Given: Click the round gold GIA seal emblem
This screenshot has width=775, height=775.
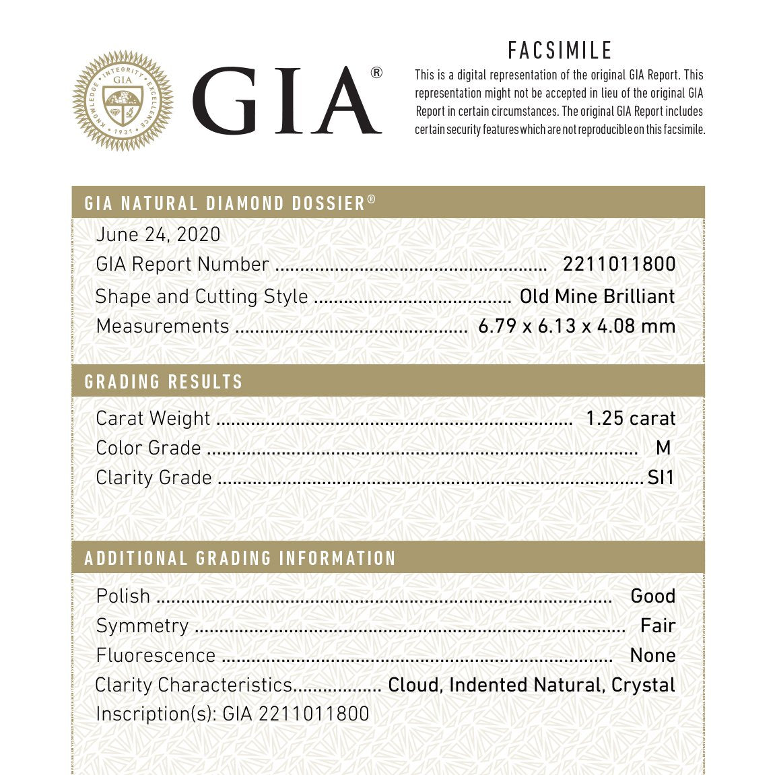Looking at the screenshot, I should (x=123, y=101).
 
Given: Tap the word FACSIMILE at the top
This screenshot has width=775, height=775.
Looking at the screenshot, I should (x=560, y=50).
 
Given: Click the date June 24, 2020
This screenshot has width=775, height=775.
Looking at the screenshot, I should (x=158, y=234).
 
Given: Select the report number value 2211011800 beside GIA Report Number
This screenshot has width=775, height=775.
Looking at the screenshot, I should (x=619, y=264).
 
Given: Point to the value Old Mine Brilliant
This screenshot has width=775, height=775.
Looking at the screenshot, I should (x=597, y=296).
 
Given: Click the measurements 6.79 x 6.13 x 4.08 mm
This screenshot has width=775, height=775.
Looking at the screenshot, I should (x=576, y=326).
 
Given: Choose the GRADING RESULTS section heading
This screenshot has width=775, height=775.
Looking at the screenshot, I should (x=164, y=382).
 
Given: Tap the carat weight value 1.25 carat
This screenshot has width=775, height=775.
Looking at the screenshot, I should (x=630, y=418).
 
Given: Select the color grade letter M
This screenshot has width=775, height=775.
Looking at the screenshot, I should (x=663, y=448).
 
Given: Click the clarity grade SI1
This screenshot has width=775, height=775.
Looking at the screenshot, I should (x=661, y=477).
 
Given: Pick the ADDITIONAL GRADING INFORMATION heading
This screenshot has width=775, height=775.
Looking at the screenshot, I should (x=240, y=558).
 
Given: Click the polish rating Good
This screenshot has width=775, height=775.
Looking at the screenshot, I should (x=652, y=596).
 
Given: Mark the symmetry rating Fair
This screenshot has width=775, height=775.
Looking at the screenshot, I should (x=657, y=626).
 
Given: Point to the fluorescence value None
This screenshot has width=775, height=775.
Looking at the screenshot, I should (x=652, y=655).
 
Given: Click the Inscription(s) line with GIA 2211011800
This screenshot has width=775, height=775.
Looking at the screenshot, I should (x=232, y=714).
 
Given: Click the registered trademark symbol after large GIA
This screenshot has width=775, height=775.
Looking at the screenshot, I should (x=376, y=73).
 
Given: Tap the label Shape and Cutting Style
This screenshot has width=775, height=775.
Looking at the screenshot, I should (x=202, y=296).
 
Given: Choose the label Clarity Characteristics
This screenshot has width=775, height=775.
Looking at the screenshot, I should (x=194, y=685).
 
